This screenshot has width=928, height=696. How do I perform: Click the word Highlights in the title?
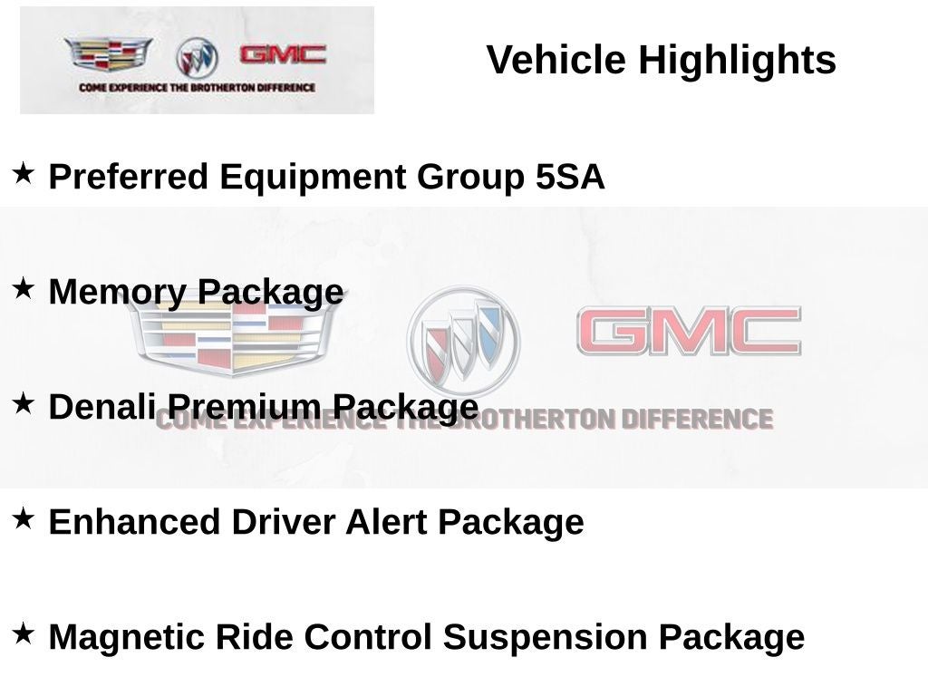(737, 61)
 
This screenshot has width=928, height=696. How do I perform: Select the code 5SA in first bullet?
(570, 177)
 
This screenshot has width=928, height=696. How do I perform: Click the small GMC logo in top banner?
(282, 54)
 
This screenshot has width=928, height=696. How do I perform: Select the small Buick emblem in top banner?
(197, 58)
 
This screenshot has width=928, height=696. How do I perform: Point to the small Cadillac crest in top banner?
(107, 55)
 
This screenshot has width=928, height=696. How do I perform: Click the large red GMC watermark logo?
(689, 331)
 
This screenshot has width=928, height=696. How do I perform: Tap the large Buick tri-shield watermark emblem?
(463, 341)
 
